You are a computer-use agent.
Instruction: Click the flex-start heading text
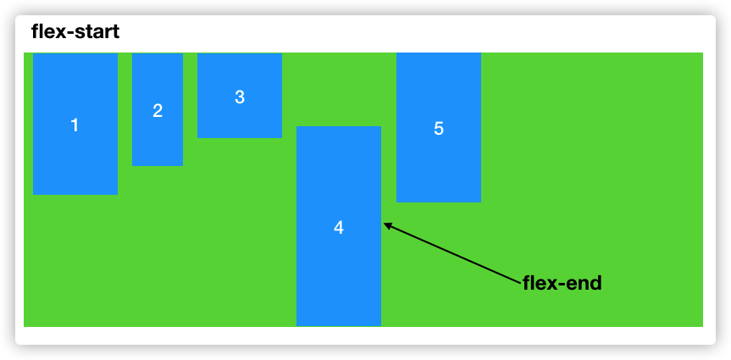[x=75, y=33]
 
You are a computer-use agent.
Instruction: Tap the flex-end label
[x=562, y=283]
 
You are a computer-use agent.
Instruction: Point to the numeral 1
[x=75, y=125]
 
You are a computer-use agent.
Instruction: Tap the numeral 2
[x=158, y=110]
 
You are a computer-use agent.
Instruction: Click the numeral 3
[x=240, y=97]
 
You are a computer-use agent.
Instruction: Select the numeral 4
[x=339, y=228]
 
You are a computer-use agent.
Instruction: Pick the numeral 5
[x=439, y=129]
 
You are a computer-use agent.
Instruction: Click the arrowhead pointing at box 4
[x=388, y=225]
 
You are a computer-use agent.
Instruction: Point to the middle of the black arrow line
[x=453, y=253]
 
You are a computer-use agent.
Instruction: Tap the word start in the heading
[x=94, y=33]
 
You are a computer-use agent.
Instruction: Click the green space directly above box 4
[x=339, y=89]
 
